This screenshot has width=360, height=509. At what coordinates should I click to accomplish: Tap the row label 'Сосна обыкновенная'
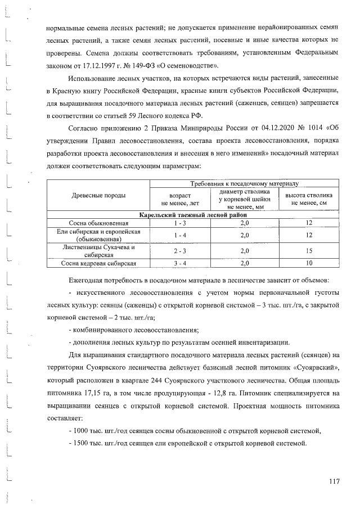(x=99, y=223)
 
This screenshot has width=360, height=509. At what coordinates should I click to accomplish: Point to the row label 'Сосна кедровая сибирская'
(x=99, y=263)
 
